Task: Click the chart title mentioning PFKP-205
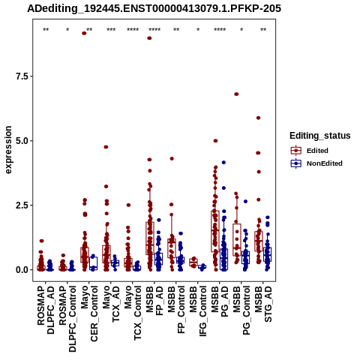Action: (154, 8)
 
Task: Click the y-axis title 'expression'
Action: (8, 150)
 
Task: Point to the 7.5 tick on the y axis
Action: (22, 76)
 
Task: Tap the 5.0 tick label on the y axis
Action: (22, 141)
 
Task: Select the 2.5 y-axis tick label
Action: (22, 205)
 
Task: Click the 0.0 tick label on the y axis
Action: (22, 270)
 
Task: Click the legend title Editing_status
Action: (320, 136)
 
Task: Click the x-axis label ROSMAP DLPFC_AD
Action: (46, 310)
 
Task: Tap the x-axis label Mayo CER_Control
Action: (89, 313)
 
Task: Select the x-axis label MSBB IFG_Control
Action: (198, 311)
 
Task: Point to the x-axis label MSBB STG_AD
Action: (263, 304)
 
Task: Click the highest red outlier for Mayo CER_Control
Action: (84, 33)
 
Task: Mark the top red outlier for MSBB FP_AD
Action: (149, 38)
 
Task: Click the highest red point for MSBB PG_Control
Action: (236, 94)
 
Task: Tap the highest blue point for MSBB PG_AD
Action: (223, 163)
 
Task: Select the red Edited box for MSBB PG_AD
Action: (215, 231)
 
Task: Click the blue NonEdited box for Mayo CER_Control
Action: (93, 263)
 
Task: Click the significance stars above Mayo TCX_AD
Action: (111, 30)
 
